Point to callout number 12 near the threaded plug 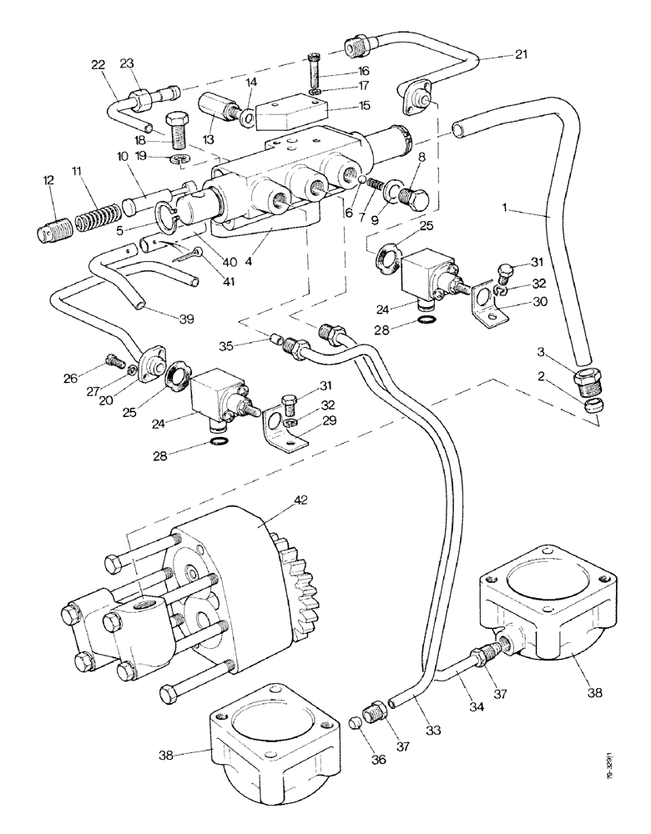point(49,180)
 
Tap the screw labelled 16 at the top point(313,69)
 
